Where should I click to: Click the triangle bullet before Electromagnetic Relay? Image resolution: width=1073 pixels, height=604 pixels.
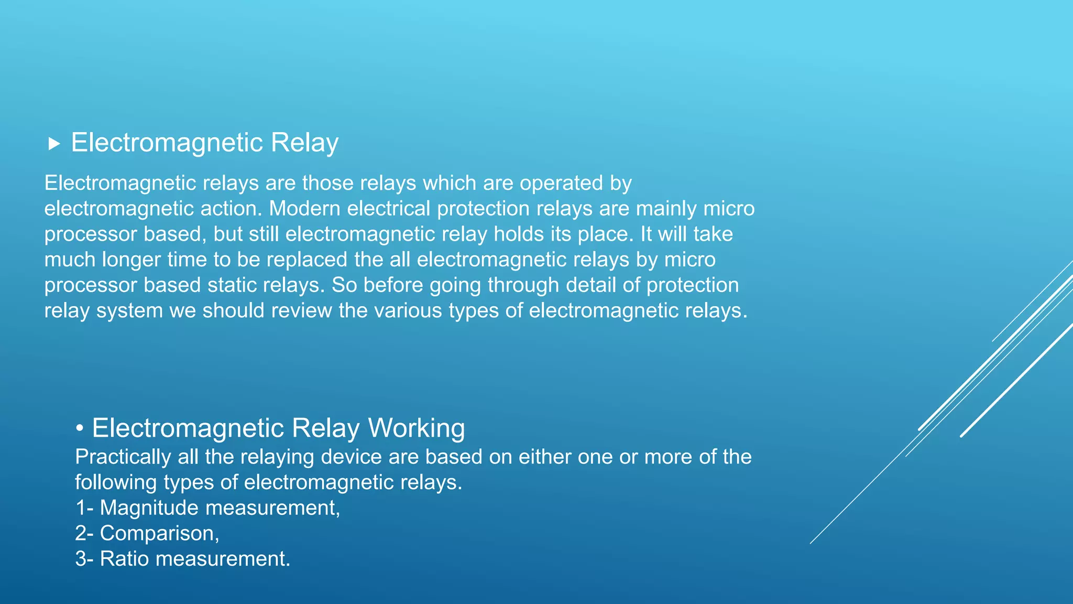pyautogui.click(x=54, y=144)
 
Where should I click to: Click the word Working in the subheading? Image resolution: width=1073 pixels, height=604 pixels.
pyautogui.click(x=416, y=428)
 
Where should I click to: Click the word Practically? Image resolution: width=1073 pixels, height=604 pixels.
pyautogui.click(x=123, y=457)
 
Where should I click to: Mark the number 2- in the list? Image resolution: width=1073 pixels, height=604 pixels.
pyautogui.click(x=84, y=534)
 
